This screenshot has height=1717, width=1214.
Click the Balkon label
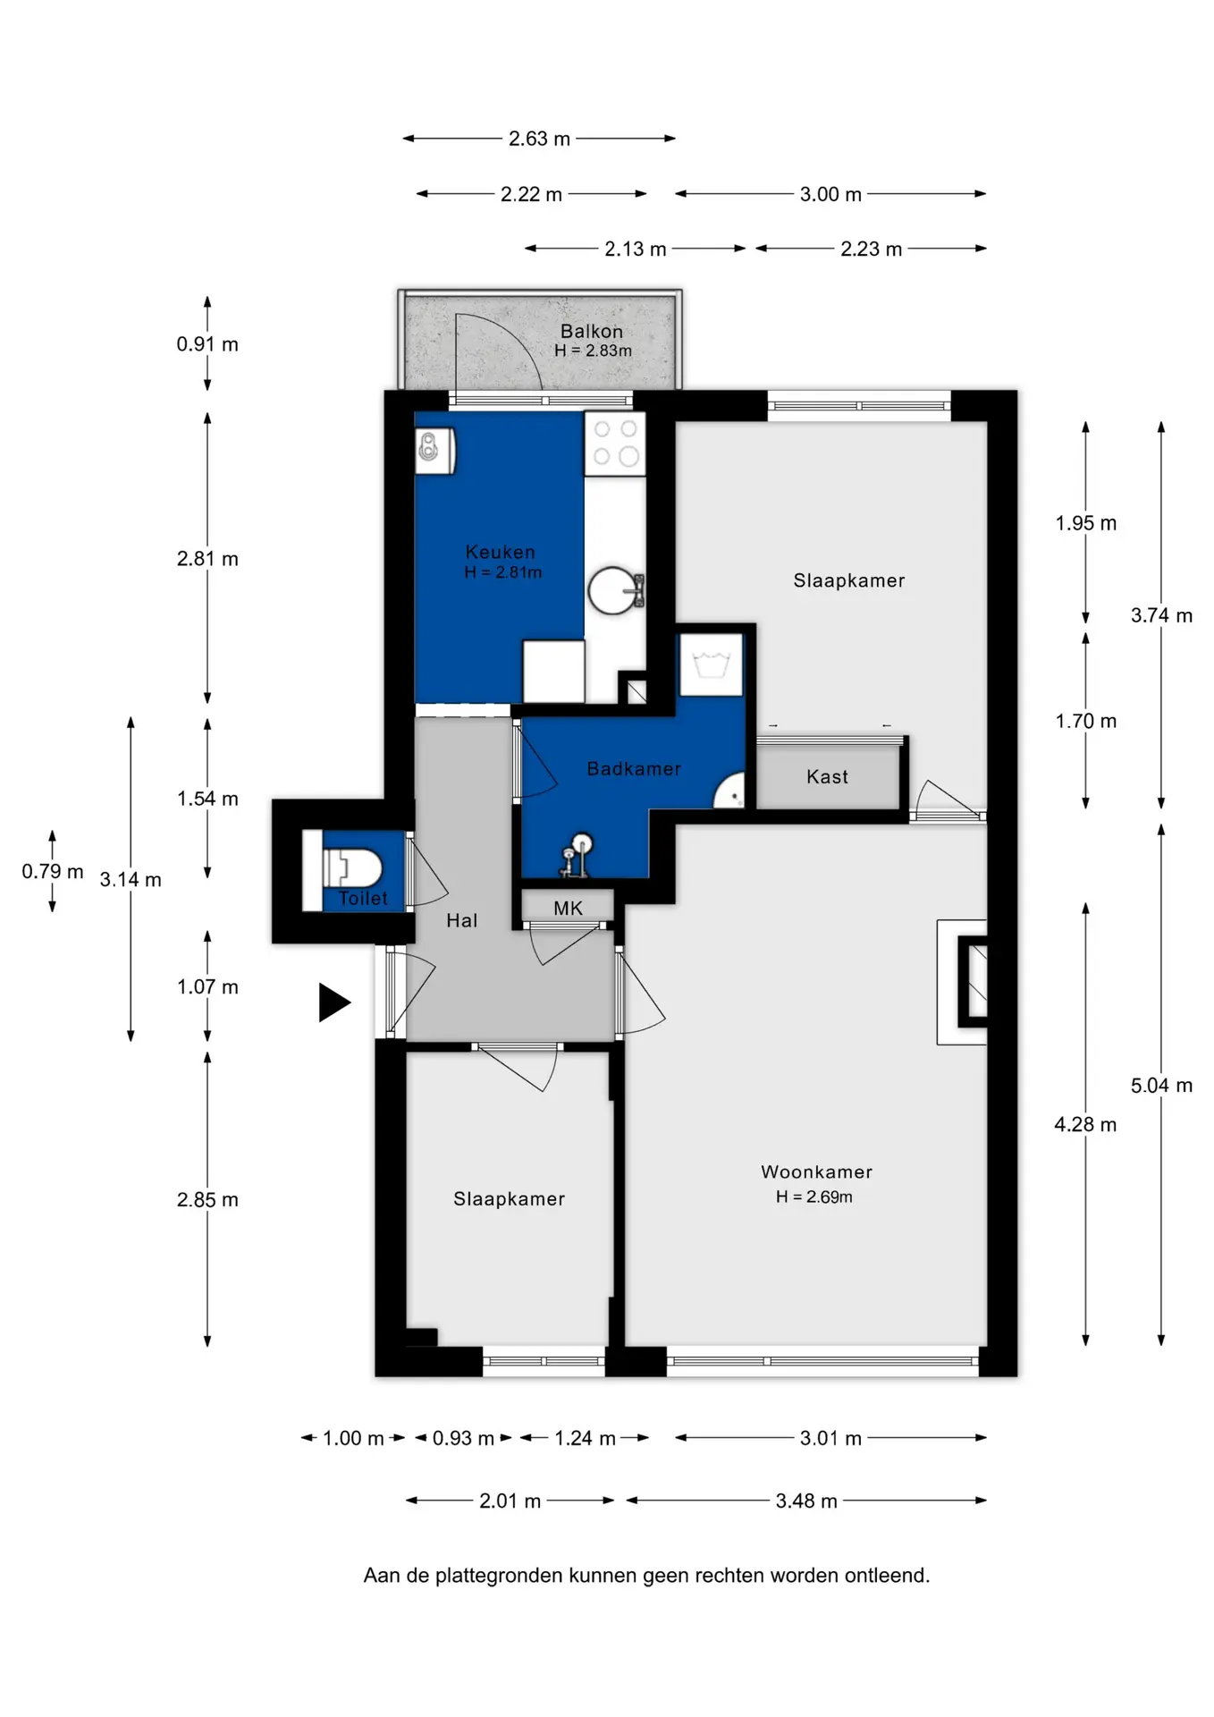[x=592, y=331]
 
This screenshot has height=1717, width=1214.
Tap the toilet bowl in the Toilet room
[x=353, y=867]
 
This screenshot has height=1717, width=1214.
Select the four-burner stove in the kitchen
[x=615, y=444]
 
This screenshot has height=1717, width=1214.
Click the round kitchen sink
[x=614, y=590]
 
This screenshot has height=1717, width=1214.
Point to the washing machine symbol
[x=712, y=664]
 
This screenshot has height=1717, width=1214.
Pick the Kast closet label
[x=827, y=776]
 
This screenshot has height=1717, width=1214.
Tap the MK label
[x=568, y=909]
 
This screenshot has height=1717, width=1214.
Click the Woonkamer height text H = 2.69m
[x=814, y=1197]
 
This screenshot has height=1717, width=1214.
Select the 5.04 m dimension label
[x=1161, y=1086]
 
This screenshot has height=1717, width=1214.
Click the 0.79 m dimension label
[x=53, y=871]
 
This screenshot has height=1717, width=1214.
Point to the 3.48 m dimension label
[x=806, y=1501]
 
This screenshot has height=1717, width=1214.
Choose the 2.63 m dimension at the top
[x=539, y=139]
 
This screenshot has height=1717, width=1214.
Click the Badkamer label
[x=634, y=768]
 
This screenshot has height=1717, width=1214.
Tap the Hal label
[x=461, y=920]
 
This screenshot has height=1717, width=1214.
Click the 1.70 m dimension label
[x=1085, y=721]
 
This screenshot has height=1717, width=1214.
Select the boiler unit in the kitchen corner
[x=435, y=450]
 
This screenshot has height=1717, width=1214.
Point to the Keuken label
[x=500, y=552]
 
